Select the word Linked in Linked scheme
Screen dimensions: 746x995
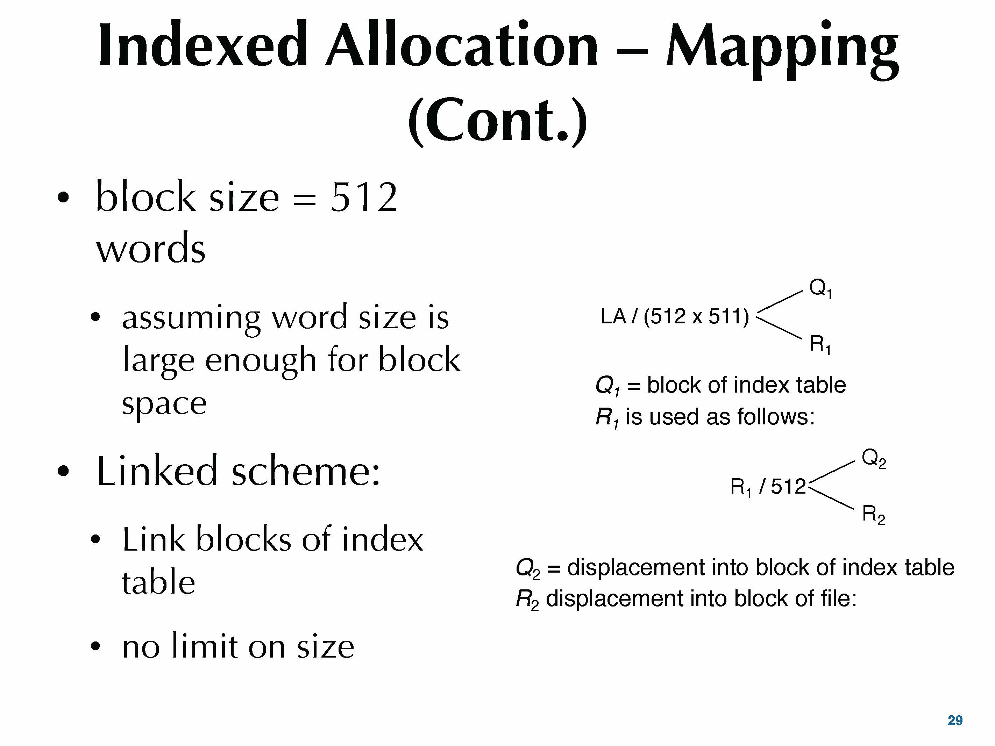157,471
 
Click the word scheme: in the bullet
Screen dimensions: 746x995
306,471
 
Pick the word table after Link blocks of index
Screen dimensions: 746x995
158,582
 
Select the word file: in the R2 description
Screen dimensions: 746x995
839,598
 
